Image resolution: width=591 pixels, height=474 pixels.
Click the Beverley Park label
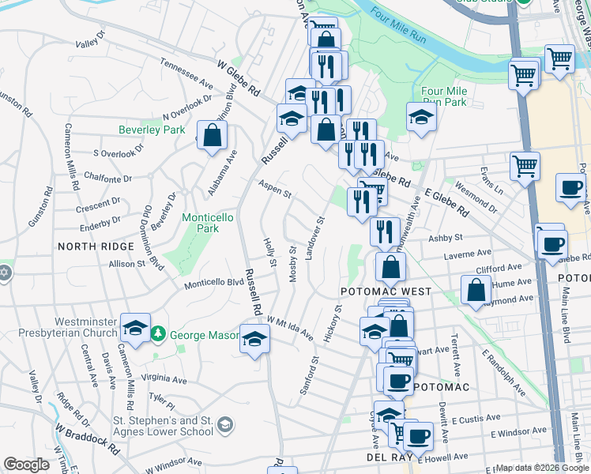click(x=152, y=130)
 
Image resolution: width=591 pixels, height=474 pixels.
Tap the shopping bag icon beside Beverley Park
click(x=213, y=135)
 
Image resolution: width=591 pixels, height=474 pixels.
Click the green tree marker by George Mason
click(x=159, y=335)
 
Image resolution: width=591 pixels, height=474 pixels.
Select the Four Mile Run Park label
click(x=444, y=96)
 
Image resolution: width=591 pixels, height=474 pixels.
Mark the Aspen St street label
click(x=275, y=190)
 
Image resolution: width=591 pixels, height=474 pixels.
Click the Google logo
click(x=26, y=465)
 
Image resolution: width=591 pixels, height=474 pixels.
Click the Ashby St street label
click(x=445, y=237)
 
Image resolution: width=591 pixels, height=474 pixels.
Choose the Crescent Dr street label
click(x=98, y=207)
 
